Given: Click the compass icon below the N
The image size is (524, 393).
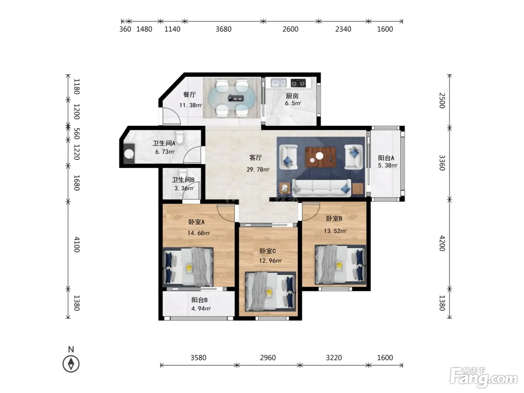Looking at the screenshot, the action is [x=71, y=364].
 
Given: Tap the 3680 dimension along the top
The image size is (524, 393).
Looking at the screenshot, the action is [x=223, y=29].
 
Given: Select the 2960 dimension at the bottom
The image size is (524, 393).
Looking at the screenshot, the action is [x=268, y=358].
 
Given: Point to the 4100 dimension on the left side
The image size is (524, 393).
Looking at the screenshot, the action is [x=76, y=244].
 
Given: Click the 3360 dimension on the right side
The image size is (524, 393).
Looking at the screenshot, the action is [x=442, y=163].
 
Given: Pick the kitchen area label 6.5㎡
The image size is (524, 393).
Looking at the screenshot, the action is [x=293, y=103].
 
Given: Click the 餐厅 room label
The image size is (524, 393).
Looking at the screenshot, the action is [x=189, y=94].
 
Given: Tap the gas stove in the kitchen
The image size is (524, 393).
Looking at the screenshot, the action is [x=298, y=83].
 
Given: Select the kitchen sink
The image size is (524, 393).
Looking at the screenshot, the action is [x=278, y=83].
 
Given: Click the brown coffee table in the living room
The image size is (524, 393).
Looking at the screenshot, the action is [x=321, y=157].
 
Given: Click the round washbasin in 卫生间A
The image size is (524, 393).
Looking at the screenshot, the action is [x=129, y=154].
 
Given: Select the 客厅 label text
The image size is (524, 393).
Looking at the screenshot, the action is [x=255, y=158].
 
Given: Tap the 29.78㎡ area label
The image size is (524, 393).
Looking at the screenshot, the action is [x=258, y=170].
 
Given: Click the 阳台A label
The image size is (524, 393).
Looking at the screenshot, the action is [x=386, y=158].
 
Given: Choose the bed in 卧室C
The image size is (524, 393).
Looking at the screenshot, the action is [x=271, y=291].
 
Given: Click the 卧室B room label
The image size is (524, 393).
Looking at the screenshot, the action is [x=334, y=218].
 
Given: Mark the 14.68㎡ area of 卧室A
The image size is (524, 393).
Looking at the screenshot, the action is [x=199, y=233].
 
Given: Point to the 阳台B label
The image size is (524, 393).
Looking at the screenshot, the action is [x=199, y=300].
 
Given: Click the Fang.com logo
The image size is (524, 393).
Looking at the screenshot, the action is [x=483, y=378].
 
